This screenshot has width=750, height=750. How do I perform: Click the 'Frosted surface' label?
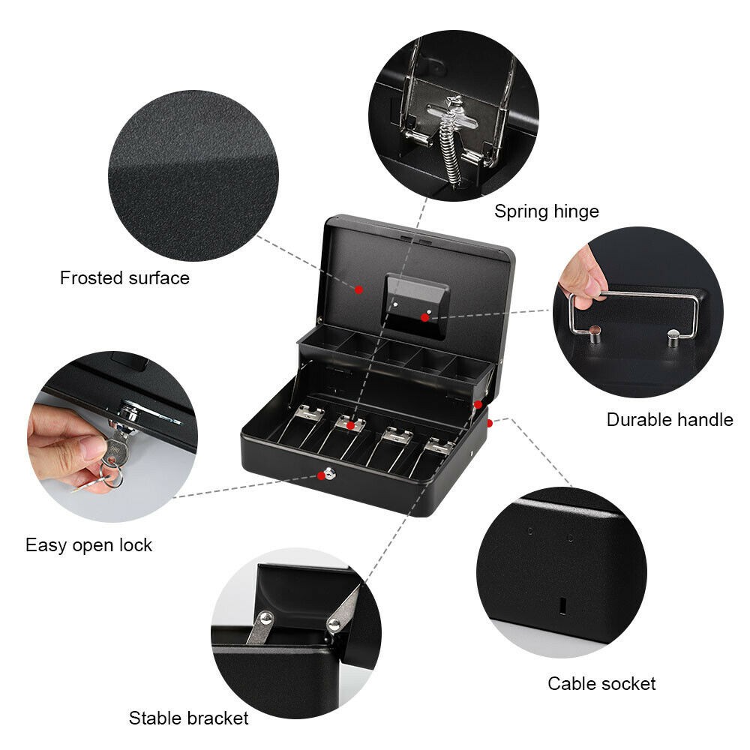pyautogui.click(x=124, y=278)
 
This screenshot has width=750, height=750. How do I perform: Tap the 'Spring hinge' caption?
pyautogui.click(x=546, y=211)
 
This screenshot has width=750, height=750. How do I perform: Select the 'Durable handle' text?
pyautogui.click(x=670, y=419)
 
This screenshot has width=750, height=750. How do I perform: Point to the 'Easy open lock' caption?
pyautogui.click(x=88, y=545)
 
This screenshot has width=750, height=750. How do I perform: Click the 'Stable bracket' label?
pyautogui.click(x=188, y=718)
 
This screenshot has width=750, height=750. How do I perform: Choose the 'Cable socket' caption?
pyautogui.click(x=601, y=683)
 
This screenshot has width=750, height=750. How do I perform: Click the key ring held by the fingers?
pyautogui.click(x=113, y=477)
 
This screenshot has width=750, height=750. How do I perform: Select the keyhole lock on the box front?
pyautogui.click(x=330, y=475)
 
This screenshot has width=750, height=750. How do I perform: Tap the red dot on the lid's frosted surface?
pyautogui.click(x=358, y=289)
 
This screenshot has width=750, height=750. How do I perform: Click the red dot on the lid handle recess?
pyautogui.click(x=424, y=317)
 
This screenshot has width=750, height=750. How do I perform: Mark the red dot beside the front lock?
pyautogui.click(x=322, y=476)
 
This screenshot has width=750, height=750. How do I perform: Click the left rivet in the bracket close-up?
pyautogui.click(x=266, y=619)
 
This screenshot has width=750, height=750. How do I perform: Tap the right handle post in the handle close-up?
pyautogui.click(x=673, y=337)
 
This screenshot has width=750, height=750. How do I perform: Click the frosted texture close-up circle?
pyautogui.click(x=193, y=175)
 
